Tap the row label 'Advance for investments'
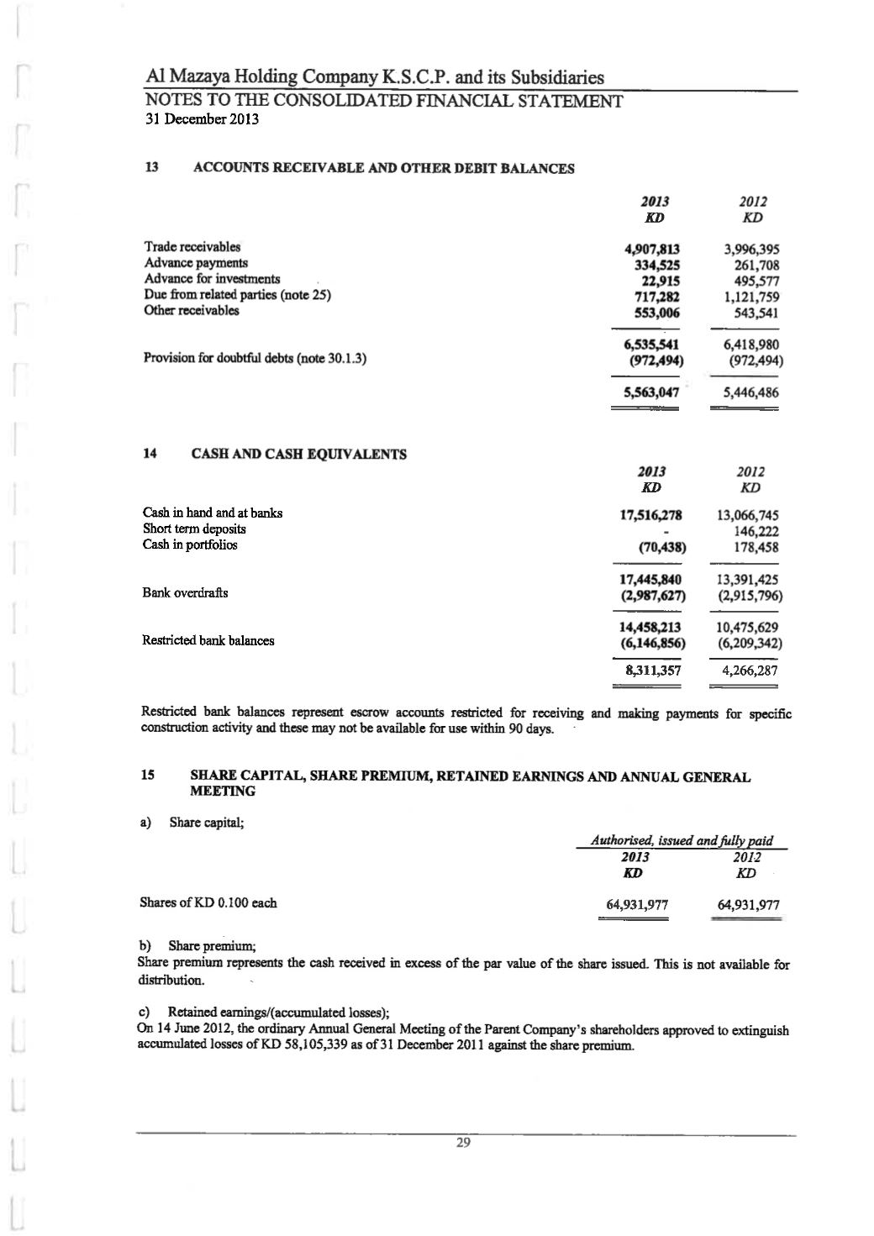(213, 279)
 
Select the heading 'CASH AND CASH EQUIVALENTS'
(299, 455)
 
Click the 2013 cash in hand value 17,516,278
(650, 514)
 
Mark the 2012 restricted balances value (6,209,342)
(747, 644)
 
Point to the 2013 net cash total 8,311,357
(654, 671)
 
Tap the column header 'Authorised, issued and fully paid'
(681, 841)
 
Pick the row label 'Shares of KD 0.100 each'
(208, 903)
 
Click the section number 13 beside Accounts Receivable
(152, 167)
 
